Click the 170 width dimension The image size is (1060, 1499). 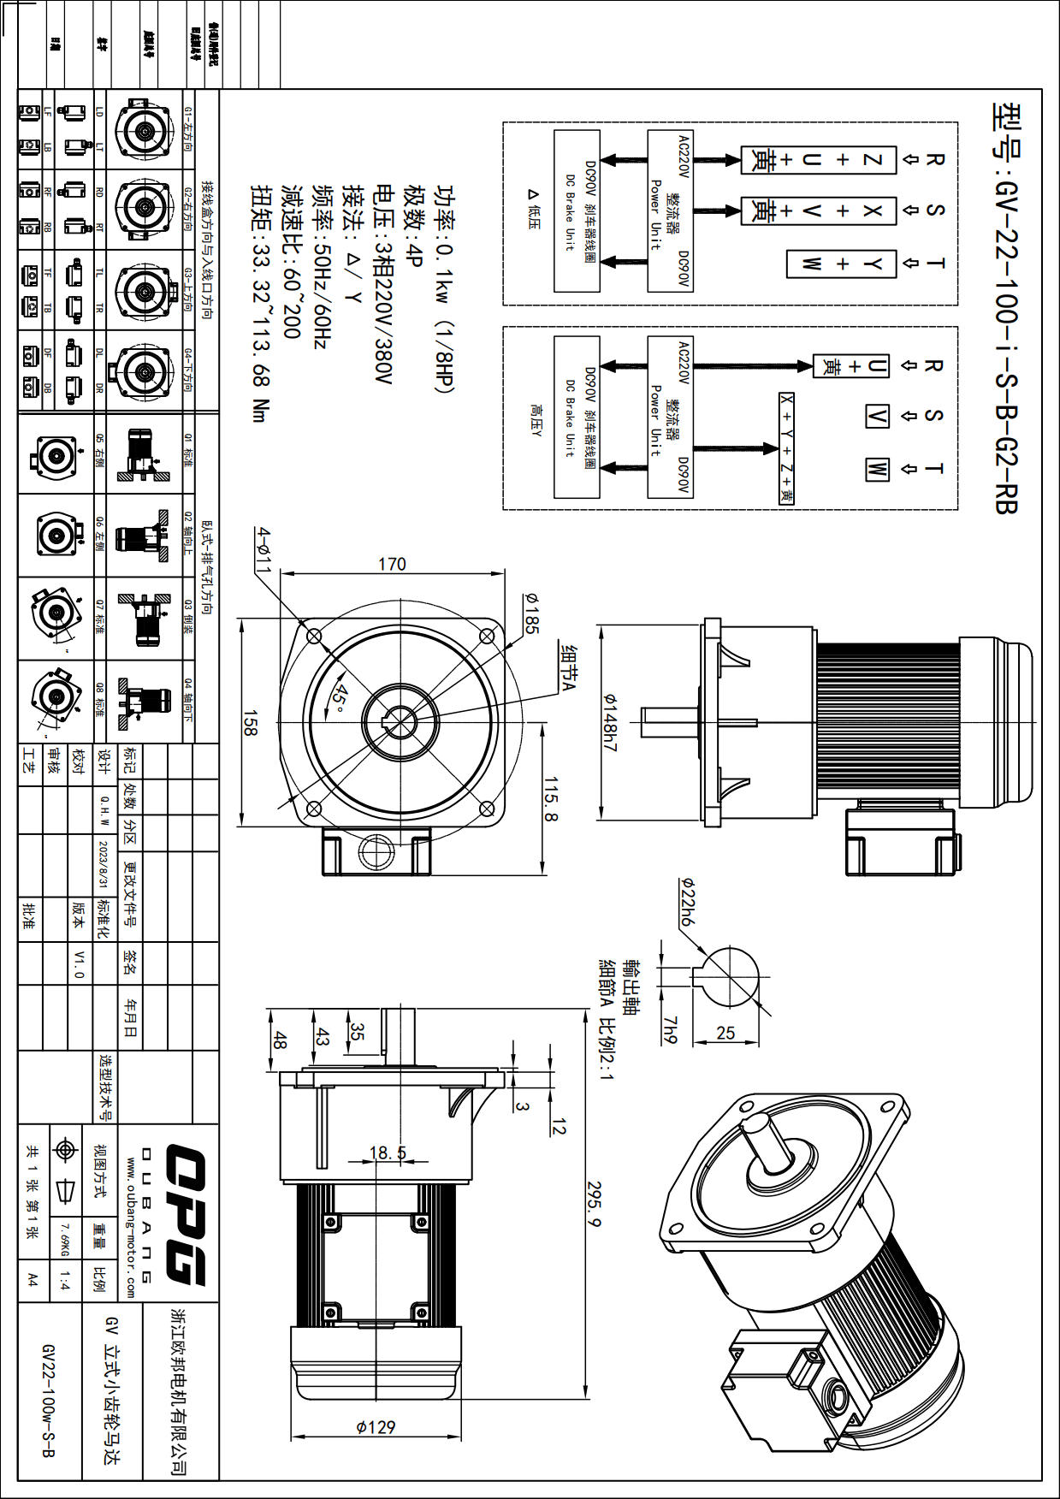pyautogui.click(x=392, y=565)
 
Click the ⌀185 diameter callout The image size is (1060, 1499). pyautogui.click(x=531, y=613)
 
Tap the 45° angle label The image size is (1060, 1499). pyautogui.click(x=340, y=698)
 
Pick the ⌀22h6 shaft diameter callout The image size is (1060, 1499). pyautogui.click(x=686, y=902)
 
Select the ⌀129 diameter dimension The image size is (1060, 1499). pyautogui.click(x=376, y=1426)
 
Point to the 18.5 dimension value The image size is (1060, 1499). pyautogui.click(x=388, y=1152)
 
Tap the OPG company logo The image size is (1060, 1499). pyautogui.click(x=184, y=1214)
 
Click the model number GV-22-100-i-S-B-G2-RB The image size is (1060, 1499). pyautogui.click(x=1006, y=308)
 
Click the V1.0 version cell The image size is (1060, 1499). pyautogui.click(x=79, y=963)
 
